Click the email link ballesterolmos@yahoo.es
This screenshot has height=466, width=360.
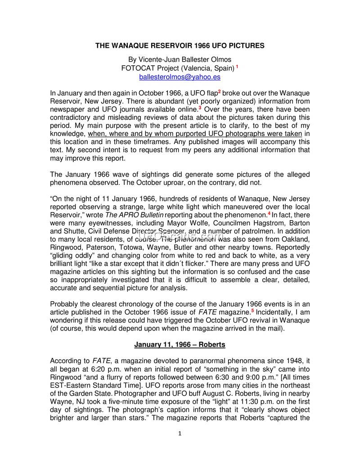[x=180, y=77]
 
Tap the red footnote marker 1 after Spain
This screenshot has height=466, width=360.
[x=237, y=67]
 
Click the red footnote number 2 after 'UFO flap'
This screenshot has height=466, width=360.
[x=219, y=91]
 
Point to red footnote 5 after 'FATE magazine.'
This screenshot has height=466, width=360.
[x=252, y=310]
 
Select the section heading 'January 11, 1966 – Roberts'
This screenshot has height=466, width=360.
[x=180, y=345]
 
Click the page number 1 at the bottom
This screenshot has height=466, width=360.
[x=180, y=434]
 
